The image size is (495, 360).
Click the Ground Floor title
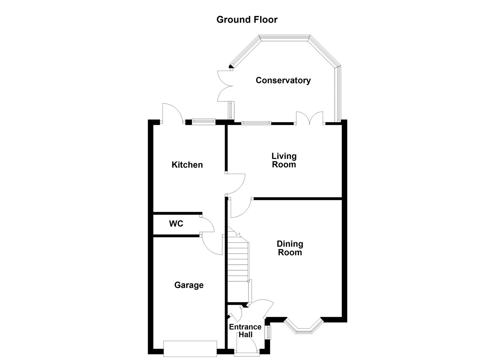click(x=247, y=20)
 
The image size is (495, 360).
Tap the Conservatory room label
click(x=283, y=80)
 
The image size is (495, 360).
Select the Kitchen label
click(x=187, y=165)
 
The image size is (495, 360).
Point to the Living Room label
click(x=284, y=160)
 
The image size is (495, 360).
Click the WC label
click(x=176, y=224)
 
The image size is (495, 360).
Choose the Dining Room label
click(x=290, y=248)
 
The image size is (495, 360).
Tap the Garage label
click(x=189, y=285)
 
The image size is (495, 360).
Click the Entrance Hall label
click(x=245, y=331)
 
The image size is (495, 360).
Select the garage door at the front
click(x=190, y=349)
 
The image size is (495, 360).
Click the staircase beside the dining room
click(x=238, y=263)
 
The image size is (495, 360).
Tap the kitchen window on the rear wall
click(x=204, y=122)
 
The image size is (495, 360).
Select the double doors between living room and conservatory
click(x=310, y=119)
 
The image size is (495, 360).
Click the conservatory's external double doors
click(x=225, y=86)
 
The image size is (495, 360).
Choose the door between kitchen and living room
click(x=236, y=184)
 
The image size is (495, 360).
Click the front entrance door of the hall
click(x=247, y=347)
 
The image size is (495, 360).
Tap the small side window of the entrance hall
click(x=269, y=332)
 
